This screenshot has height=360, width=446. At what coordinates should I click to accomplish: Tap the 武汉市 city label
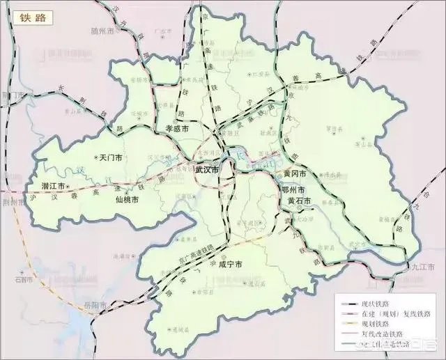coord(206,170)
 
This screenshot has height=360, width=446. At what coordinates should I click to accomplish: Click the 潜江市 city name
coord(52,187)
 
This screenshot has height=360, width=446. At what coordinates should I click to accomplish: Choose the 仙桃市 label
coord(126,200)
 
